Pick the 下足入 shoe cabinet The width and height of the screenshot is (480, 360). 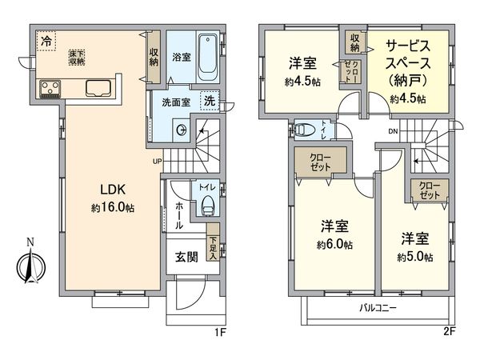(x=212, y=249)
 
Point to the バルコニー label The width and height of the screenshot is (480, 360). (x=374, y=308)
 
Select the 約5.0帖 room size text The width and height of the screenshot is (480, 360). (x=416, y=257)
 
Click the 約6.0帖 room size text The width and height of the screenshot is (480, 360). (x=335, y=245)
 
